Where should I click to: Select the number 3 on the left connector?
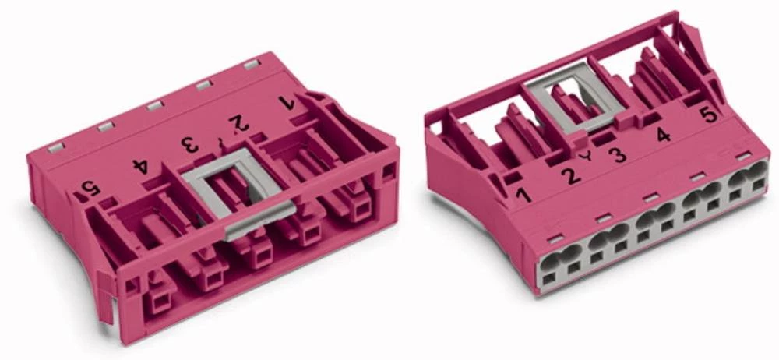(x=189, y=146)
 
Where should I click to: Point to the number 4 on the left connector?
(x=140, y=165)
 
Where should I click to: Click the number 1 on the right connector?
(x=523, y=192)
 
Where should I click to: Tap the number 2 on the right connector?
(x=572, y=173)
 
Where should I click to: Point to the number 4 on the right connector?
(x=663, y=135)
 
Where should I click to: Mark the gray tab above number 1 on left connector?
(x=251, y=65)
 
